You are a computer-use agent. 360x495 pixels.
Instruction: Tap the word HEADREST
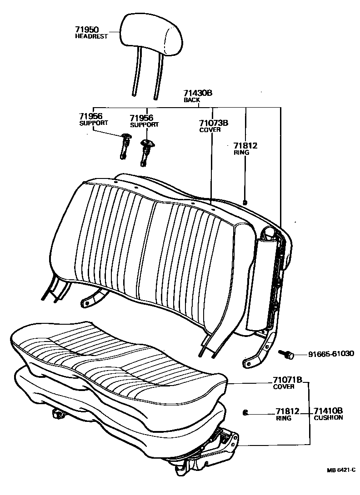coord(91,36)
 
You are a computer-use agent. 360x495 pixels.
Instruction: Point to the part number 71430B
coord(198,93)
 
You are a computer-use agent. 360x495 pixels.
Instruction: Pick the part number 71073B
coord(213,123)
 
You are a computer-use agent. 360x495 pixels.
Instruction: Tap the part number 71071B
coord(287,380)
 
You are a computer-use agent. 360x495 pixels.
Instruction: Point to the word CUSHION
coord(328,417)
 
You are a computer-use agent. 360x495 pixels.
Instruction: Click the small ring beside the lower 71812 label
coord(245,412)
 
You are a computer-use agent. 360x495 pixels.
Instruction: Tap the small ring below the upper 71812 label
coord(245,203)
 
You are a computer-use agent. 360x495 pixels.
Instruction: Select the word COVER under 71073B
coord(210,129)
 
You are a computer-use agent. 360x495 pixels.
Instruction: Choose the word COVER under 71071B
coord(284,387)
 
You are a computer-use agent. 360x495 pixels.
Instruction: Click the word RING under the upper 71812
coord(241,153)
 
